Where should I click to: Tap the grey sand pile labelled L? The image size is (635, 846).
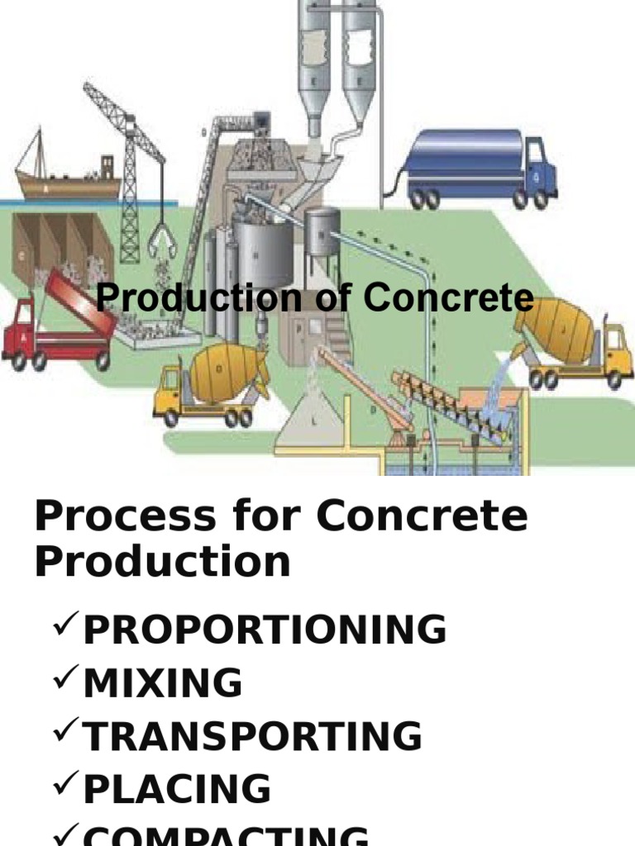313,418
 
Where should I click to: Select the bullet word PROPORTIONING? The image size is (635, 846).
265,630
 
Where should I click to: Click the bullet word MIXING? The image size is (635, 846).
163,684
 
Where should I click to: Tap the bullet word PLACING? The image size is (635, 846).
177,790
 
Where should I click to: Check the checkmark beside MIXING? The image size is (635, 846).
65,681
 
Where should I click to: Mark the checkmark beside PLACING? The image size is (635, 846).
65,787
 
